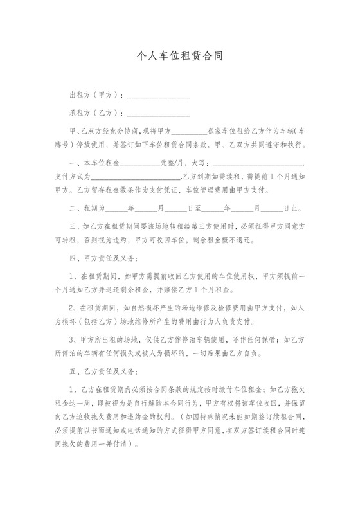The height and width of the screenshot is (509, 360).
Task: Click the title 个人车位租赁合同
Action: (x=180, y=56)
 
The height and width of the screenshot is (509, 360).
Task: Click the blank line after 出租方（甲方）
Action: (x=158, y=96)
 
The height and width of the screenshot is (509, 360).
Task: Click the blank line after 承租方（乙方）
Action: (x=158, y=114)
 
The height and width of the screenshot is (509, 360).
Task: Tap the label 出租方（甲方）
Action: (x=95, y=95)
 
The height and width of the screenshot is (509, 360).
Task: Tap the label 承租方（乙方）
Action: (x=95, y=113)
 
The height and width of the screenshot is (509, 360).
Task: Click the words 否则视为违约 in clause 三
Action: (x=114, y=240)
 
